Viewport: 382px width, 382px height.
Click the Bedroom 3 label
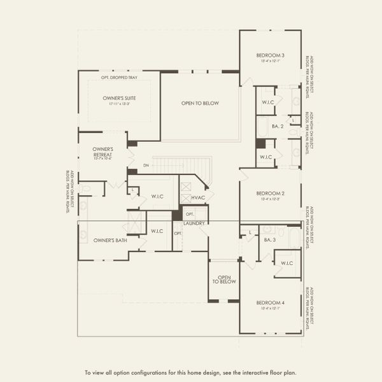click(x=270, y=55)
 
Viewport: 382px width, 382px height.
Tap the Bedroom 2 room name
click(x=270, y=193)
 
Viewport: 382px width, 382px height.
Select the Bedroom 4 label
click(x=270, y=302)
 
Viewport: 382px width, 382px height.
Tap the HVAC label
click(x=197, y=199)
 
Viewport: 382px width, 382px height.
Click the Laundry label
click(x=194, y=223)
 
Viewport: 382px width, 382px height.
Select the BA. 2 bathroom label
click(x=278, y=126)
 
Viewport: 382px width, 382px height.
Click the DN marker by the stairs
click(x=146, y=166)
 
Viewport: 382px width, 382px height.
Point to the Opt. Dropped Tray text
click(x=118, y=78)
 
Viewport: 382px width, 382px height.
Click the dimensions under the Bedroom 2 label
click(x=270, y=199)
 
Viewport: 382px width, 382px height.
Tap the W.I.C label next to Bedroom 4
click(x=286, y=262)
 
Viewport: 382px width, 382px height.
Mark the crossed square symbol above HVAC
click(x=186, y=188)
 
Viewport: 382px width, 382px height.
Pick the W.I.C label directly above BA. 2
click(x=267, y=103)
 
